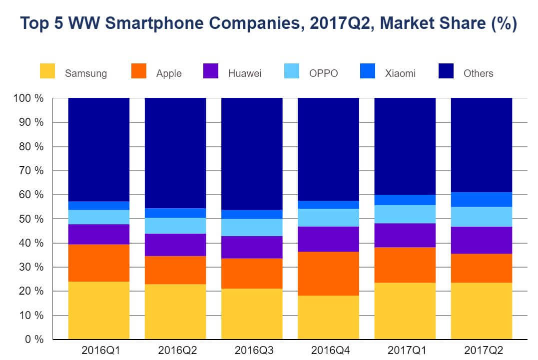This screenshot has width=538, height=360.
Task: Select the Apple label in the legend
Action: pyautogui.click(x=169, y=73)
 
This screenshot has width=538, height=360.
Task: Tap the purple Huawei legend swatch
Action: pyautogui.click(x=212, y=71)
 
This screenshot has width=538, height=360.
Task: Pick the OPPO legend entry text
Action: pyautogui.click(x=323, y=73)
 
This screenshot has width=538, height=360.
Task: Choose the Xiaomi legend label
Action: pyautogui.click(x=400, y=73)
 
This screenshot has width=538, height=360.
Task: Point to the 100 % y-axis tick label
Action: pyautogui.click(x=28, y=98)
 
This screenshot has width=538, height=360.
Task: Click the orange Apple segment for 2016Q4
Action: pyautogui.click(x=328, y=274)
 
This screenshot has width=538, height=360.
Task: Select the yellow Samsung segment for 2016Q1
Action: pyautogui.click(x=99, y=310)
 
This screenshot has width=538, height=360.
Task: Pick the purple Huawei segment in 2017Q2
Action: pyautogui.click(x=482, y=240)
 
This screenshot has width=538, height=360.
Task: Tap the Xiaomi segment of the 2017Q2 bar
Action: pyautogui.click(x=482, y=199)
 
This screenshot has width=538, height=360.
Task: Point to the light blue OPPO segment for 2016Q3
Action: pyautogui.click(x=252, y=227)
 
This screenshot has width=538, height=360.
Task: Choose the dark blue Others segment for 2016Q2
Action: pyautogui.click(x=175, y=153)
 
